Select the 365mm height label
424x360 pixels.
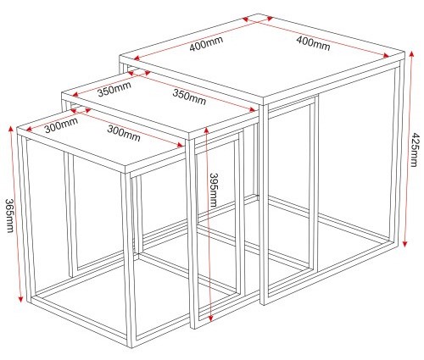pos(8,219)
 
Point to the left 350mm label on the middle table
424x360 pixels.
pos(113,88)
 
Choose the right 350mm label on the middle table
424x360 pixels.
pos(188,97)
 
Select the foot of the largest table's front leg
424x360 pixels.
pos(265,303)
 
